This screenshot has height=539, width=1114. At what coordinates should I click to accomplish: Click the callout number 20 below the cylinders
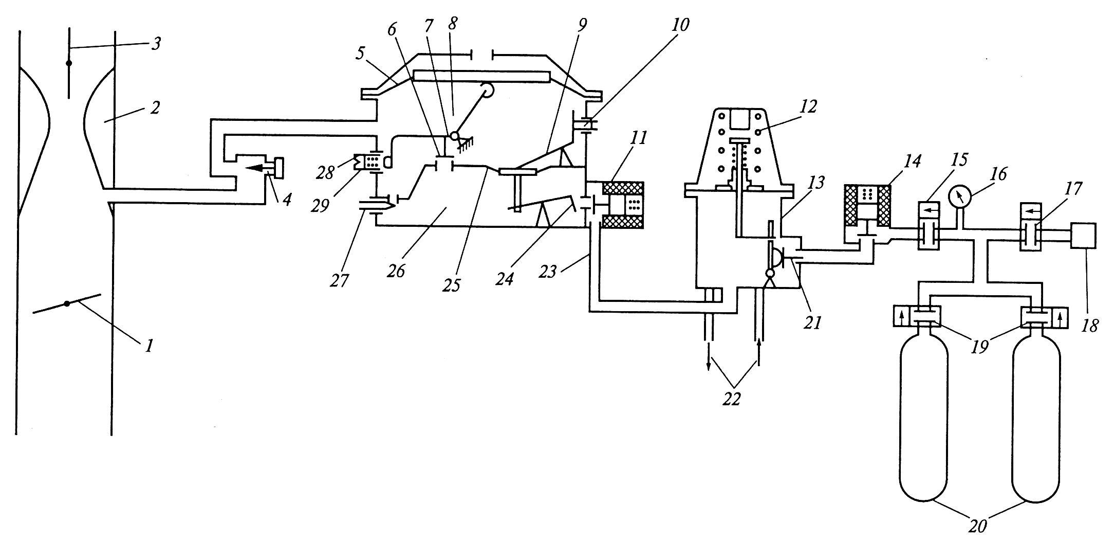[x=978, y=527]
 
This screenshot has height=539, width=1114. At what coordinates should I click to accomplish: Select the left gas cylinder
[x=924, y=417]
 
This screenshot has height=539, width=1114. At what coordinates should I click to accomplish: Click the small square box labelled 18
[x=1083, y=236]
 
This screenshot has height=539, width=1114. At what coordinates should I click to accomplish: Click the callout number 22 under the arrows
[x=732, y=399]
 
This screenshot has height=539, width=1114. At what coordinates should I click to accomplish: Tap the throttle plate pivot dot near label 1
[x=67, y=303]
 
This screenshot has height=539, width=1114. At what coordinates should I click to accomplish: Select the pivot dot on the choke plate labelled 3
[x=69, y=63]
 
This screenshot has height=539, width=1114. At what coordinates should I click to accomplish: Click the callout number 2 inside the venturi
[x=155, y=107]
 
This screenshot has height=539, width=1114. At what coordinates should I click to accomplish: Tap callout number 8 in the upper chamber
[x=453, y=24]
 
